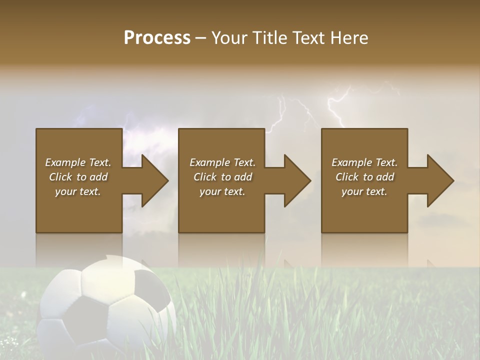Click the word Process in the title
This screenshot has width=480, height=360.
point(157,38)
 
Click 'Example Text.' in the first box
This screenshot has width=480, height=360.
point(78,162)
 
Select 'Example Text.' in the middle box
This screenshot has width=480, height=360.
point(222,162)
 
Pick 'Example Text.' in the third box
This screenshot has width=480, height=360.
point(364,162)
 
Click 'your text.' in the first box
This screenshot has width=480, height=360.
point(78,191)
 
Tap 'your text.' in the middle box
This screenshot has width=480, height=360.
point(222,191)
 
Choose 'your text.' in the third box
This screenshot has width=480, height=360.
point(364,191)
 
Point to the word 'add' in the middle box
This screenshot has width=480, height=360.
point(242,177)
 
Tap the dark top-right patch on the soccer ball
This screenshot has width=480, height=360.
point(151,287)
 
